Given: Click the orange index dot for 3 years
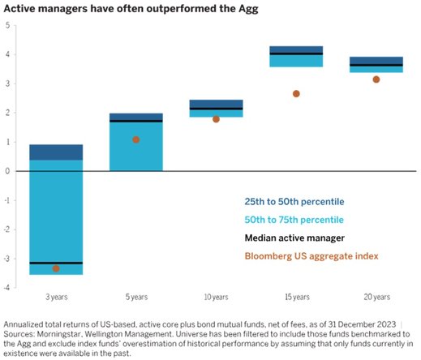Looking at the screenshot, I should tap(56, 268).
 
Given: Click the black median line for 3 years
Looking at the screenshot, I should tap(56, 263).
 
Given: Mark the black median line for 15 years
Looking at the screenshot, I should tap(296, 54).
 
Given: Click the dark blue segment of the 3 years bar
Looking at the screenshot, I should tap(56, 152).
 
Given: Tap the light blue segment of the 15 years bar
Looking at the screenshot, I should tap(296, 61).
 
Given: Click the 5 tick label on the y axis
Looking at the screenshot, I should tap(7, 25).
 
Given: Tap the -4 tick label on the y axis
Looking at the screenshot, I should tap(6, 287).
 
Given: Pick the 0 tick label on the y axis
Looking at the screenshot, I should tap(7, 171).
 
